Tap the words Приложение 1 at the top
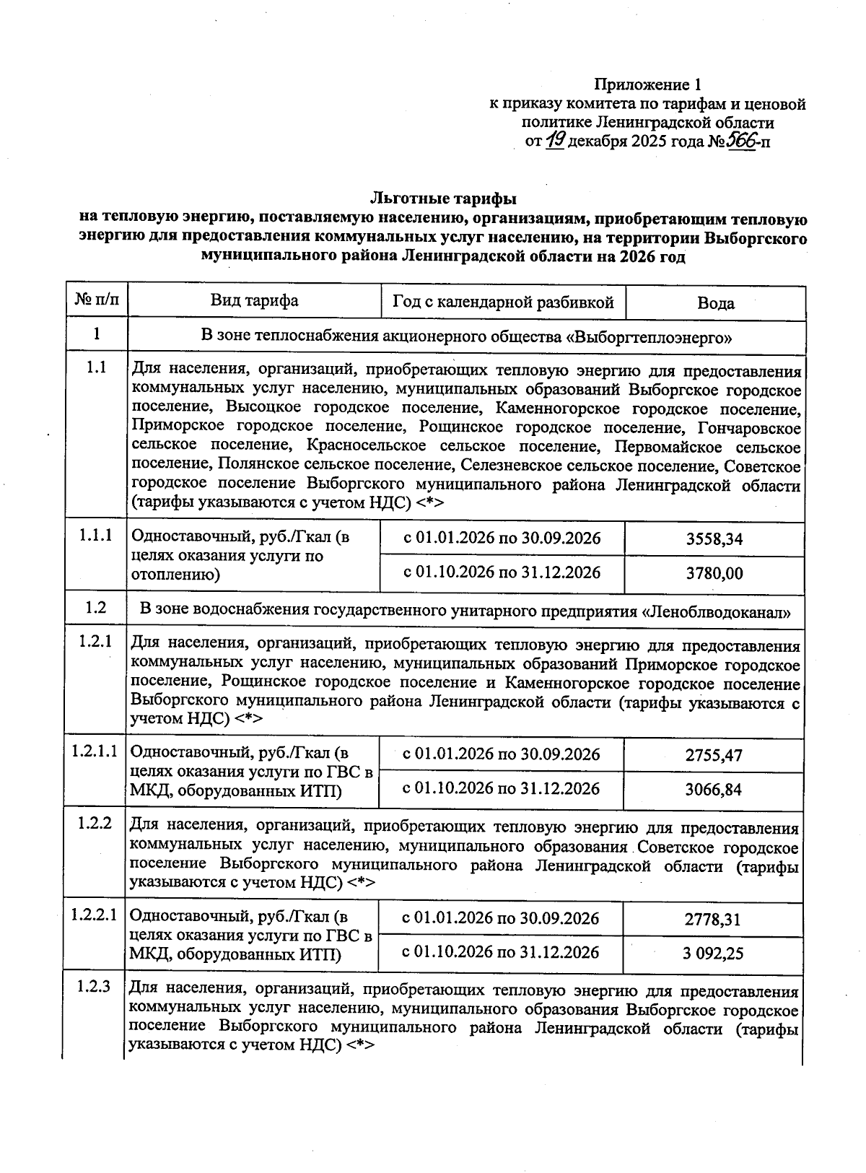click(647, 84)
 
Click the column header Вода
click(715, 303)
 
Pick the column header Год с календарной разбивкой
click(503, 302)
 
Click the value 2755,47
click(713, 756)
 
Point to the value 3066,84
click(713, 790)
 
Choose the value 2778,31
click(713, 920)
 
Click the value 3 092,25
click(713, 954)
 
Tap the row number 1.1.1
click(96, 536)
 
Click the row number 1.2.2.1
click(95, 915)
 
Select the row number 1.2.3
click(95, 986)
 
